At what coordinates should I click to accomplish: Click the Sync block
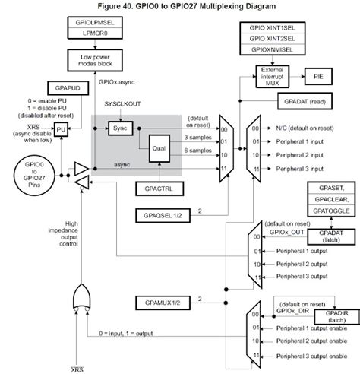click(x=118, y=129)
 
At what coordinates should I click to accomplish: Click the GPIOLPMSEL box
click(x=95, y=23)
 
